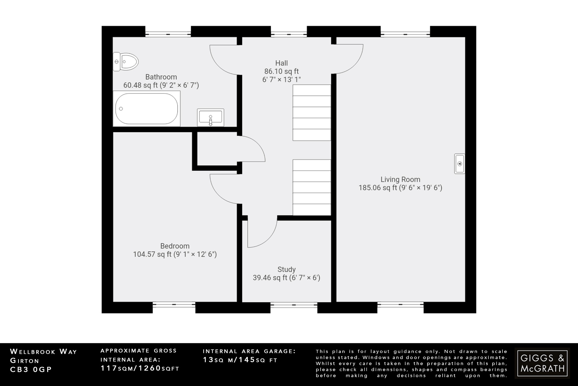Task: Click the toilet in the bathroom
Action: [126, 62]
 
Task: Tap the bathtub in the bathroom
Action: [146, 109]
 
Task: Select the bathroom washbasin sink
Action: [211, 117]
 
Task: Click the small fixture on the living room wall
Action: [459, 163]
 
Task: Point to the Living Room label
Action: [400, 180]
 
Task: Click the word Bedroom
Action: [175, 246]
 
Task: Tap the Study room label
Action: [286, 269]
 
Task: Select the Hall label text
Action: [281, 63]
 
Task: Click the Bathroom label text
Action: [161, 77]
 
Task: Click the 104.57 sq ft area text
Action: [152, 255]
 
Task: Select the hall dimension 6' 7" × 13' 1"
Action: [281, 80]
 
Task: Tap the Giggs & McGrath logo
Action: [542, 363]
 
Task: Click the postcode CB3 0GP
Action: [31, 370]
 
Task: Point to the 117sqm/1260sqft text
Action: [140, 368]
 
